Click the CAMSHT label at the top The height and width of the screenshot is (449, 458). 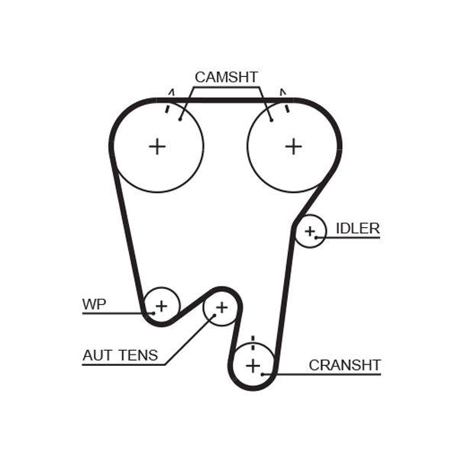click(x=226, y=77)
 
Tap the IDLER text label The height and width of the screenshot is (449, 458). click(x=357, y=228)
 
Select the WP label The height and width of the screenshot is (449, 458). click(x=94, y=304)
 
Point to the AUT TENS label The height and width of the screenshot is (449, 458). click(x=120, y=354)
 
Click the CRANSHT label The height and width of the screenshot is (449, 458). click(x=344, y=365)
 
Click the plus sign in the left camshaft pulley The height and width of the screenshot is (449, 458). click(x=156, y=146)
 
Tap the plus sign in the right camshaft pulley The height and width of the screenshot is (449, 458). click(x=293, y=146)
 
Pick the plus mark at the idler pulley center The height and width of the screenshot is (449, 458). click(x=310, y=231)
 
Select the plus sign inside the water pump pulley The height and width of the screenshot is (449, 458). click(x=160, y=306)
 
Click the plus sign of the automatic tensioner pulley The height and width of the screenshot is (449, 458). click(x=221, y=308)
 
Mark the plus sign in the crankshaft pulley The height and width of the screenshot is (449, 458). click(x=253, y=366)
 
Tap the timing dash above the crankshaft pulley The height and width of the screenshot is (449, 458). click(x=252, y=339)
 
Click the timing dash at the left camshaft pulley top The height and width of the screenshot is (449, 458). click(x=167, y=107)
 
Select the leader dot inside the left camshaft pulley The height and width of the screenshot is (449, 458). click(x=180, y=118)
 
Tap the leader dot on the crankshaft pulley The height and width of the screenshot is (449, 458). click(x=263, y=374)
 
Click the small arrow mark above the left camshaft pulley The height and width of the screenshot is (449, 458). click(x=172, y=92)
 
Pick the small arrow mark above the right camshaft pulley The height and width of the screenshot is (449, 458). click(x=282, y=92)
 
